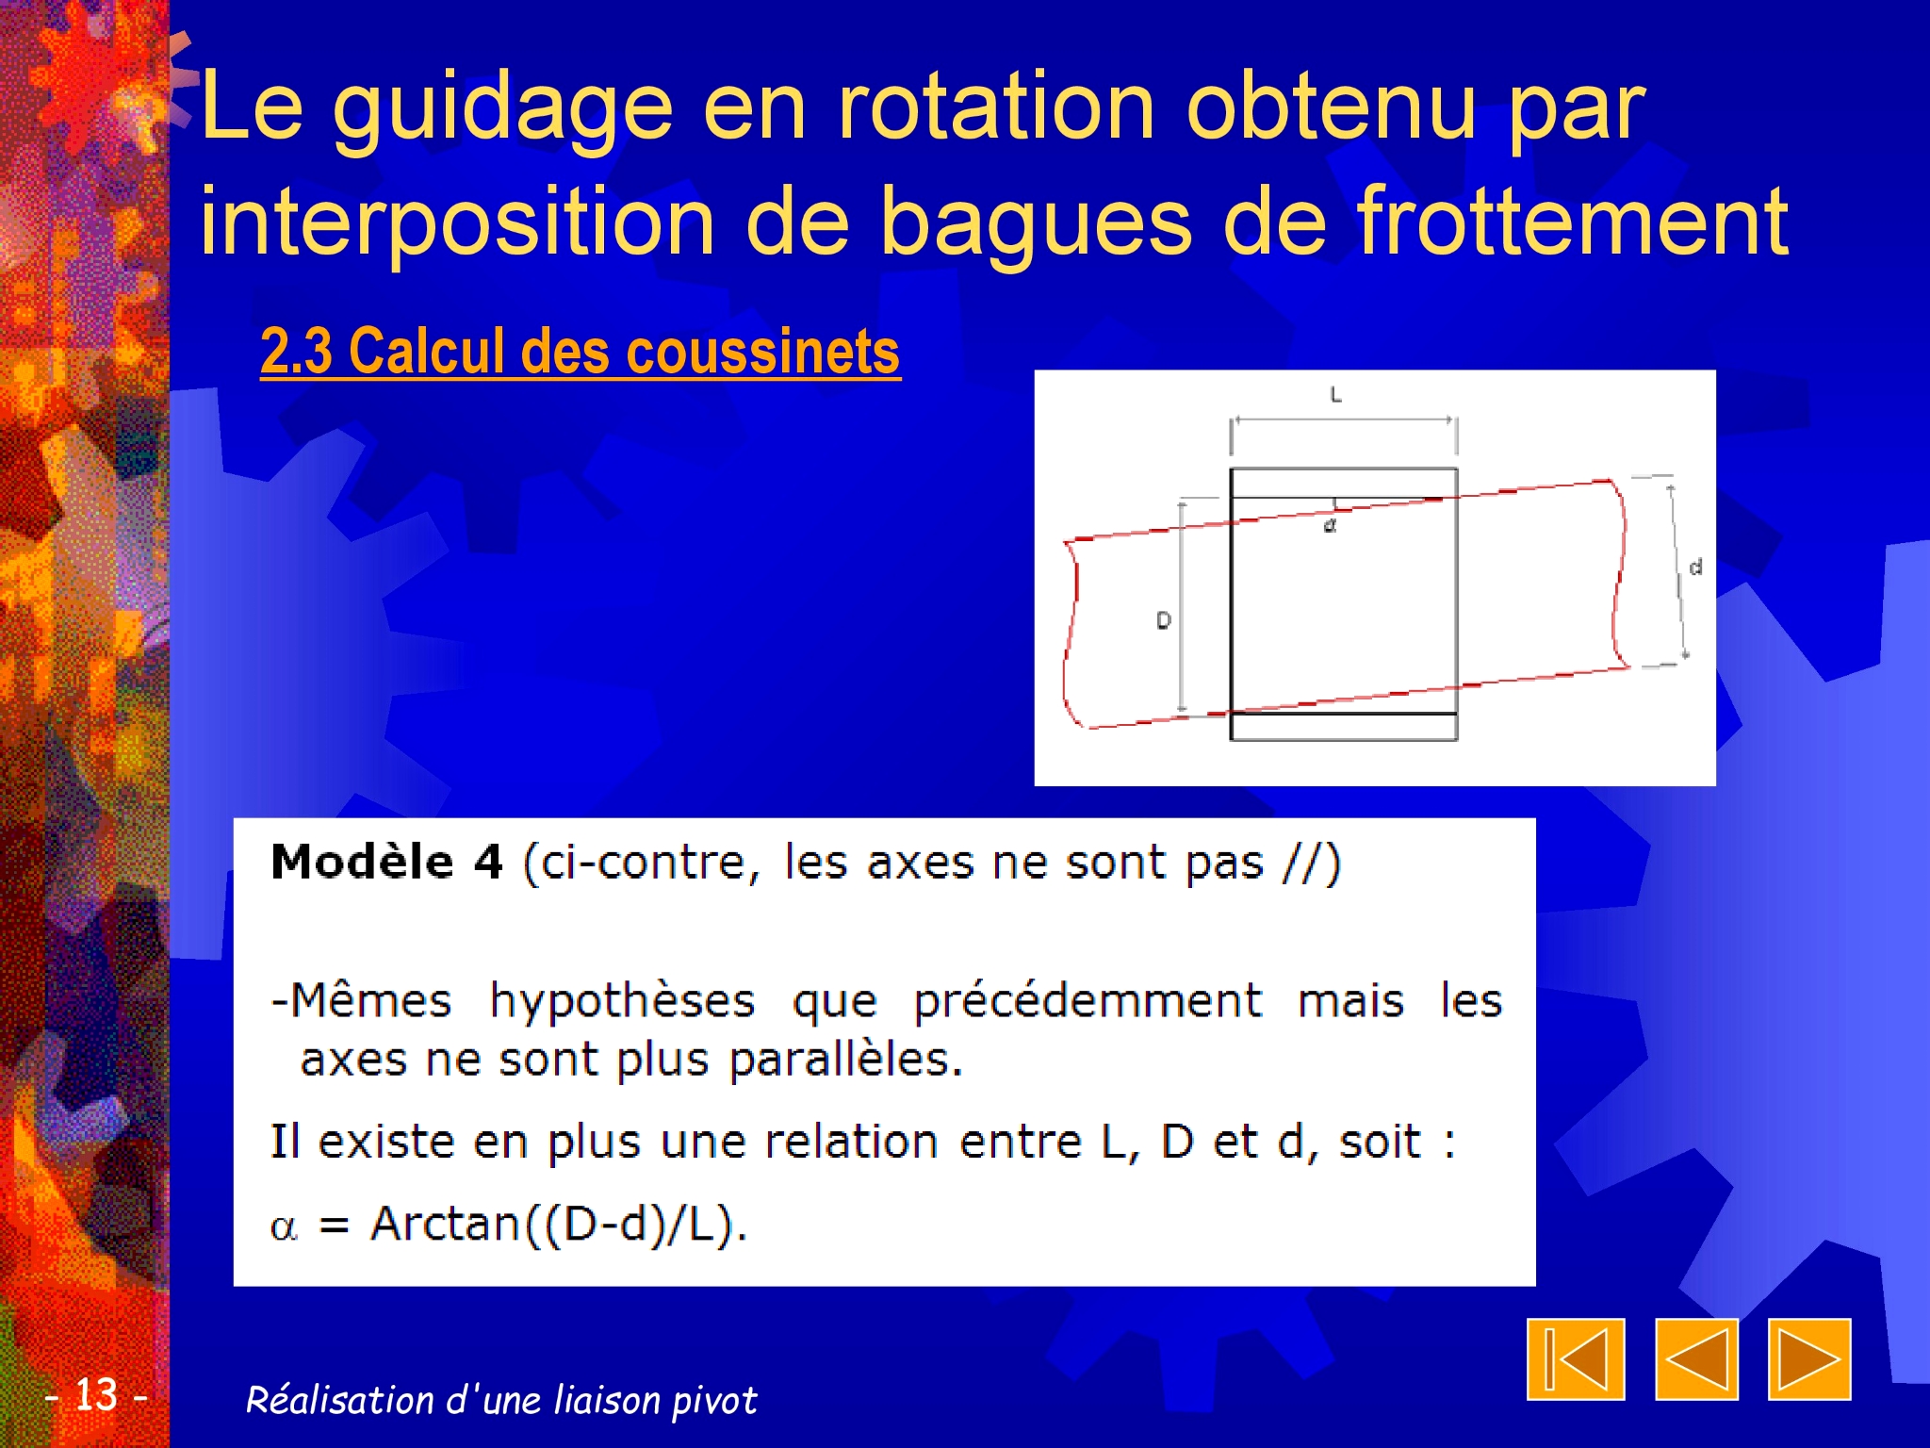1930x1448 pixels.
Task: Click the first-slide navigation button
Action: pos(1576,1358)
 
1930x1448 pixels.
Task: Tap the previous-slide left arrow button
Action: pos(1696,1358)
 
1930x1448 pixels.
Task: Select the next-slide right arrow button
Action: pos(1809,1358)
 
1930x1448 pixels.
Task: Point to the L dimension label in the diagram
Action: pos(1335,395)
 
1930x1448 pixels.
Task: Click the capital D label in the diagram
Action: pos(1164,620)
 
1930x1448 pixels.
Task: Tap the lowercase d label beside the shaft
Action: pos(1695,567)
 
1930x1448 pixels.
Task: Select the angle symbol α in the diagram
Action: pos(1330,525)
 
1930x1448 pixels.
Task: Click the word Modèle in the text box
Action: pos(362,862)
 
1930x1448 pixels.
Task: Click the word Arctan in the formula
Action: pos(445,1224)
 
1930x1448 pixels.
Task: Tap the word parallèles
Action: pos(845,1059)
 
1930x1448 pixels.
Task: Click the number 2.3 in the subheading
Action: pos(296,351)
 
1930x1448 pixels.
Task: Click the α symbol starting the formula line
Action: pos(284,1227)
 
